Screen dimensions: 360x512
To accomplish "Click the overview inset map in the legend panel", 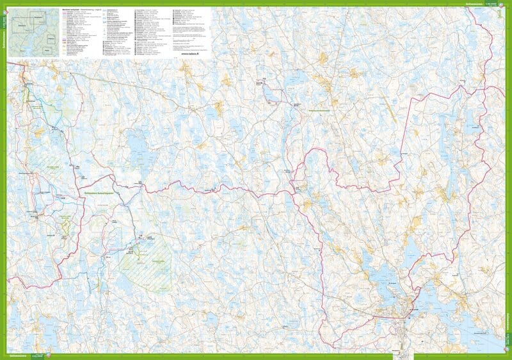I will click(x=33, y=32).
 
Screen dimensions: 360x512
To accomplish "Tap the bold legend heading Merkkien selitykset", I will click(x=73, y=10).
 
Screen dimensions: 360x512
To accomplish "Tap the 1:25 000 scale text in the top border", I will click(x=491, y=3).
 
